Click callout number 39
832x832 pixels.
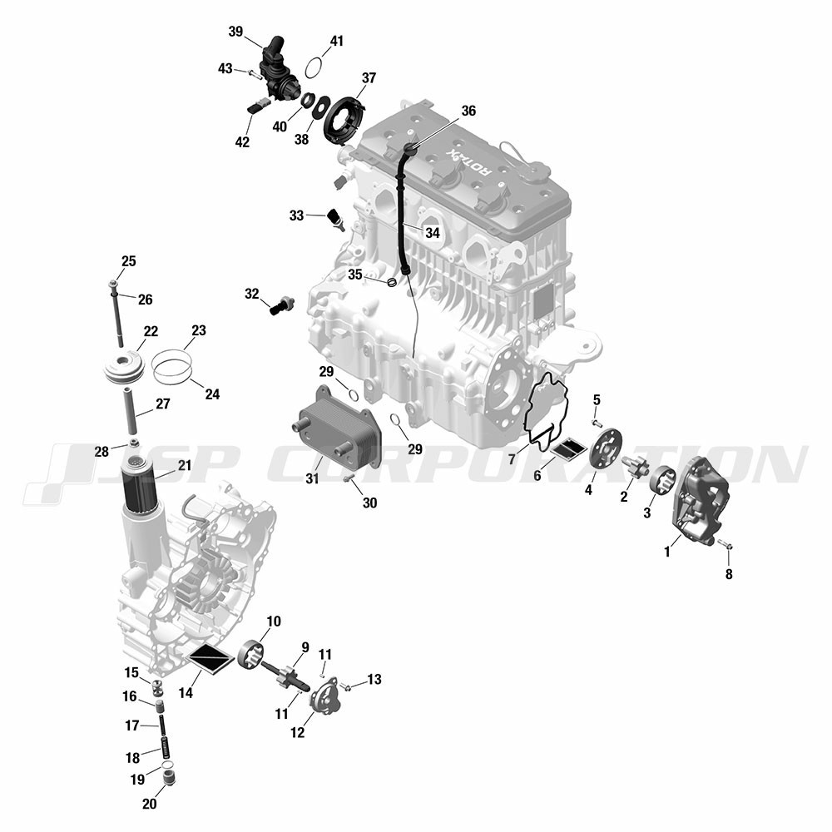pos(235,32)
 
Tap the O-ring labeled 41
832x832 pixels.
pos(314,67)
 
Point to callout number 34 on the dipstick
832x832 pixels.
pos(433,232)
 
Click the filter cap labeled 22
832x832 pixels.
pos(124,367)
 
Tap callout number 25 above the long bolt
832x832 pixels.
pos(128,261)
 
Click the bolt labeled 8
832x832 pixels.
pos(726,544)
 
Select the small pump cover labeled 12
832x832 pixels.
pos(327,694)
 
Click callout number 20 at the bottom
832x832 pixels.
pos(149,804)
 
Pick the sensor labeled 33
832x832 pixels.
pos(337,219)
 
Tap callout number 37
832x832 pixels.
pos(369,78)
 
